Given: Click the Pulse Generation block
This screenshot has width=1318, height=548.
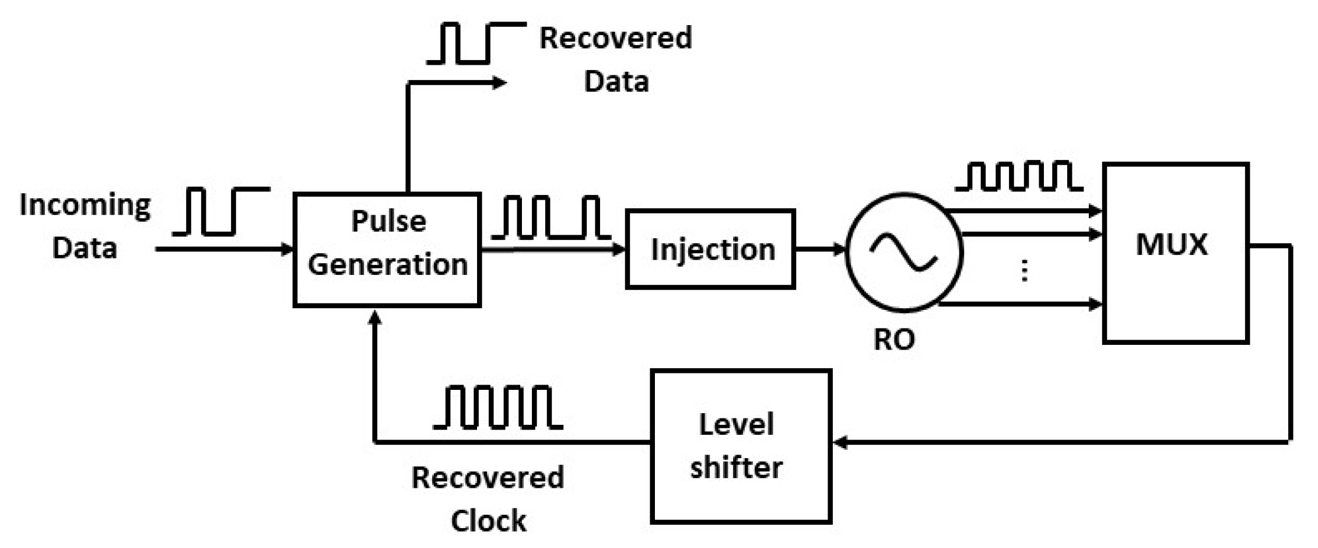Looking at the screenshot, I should tap(387, 249).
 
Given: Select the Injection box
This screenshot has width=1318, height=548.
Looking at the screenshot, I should tap(710, 249).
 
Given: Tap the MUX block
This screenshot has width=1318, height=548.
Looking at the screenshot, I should tap(1175, 253).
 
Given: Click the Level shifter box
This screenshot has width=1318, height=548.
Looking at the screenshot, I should tap(741, 446).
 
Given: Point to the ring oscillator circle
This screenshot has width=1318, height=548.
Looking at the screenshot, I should tap(904, 252).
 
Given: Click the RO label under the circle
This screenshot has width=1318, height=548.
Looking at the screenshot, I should tap(894, 339).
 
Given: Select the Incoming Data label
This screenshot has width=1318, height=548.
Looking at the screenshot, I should tap(85, 226).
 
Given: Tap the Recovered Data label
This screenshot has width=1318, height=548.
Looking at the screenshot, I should tap(616, 59).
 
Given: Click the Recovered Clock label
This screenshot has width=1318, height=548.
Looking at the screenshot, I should tap(488, 499).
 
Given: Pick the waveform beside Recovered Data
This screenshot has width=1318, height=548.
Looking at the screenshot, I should tap(476, 43).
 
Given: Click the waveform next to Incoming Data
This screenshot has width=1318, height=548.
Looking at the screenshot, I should tap(221, 211).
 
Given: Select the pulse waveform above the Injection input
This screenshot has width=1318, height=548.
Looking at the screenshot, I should tap(551, 218).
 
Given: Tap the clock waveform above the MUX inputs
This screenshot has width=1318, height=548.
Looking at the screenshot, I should tap(1019, 176).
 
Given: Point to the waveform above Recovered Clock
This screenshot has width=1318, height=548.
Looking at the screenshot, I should tap(497, 407).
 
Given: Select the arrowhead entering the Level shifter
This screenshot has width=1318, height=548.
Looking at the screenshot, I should tap(840, 442).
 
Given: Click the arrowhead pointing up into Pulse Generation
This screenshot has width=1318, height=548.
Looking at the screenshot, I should tap(376, 319).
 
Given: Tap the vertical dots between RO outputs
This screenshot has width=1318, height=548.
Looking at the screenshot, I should tap(1025, 271).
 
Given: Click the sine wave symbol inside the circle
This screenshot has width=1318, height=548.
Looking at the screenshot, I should tap(903, 252).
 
